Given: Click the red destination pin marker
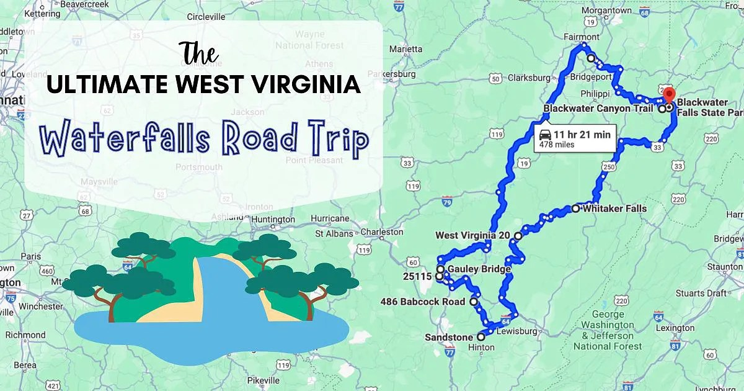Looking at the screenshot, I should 668,95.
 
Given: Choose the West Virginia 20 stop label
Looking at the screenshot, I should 472,236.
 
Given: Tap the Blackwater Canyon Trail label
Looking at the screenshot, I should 598,109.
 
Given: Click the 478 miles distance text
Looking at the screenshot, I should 556,145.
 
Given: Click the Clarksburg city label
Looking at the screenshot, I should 529,78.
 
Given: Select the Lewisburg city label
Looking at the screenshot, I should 517,331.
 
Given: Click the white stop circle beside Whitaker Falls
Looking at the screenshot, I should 576,209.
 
